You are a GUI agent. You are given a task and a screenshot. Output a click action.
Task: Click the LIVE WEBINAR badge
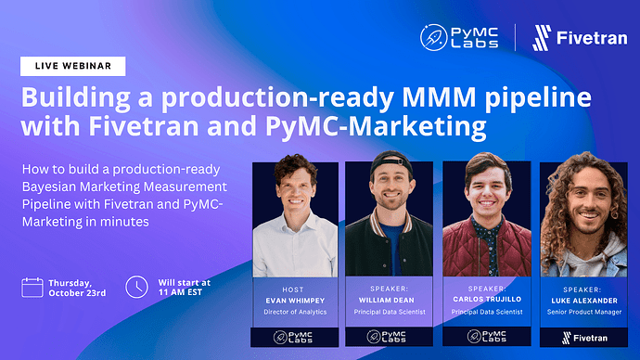72,67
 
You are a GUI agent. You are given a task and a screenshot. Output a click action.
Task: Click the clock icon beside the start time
136,287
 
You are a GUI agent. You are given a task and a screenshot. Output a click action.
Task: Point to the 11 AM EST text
186,293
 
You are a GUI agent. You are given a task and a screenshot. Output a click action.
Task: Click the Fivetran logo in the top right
573,38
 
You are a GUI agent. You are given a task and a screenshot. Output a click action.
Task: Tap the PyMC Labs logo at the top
461,37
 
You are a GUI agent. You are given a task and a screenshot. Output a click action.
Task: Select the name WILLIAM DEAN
389,301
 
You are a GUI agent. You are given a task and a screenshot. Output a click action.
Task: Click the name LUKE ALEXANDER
584,301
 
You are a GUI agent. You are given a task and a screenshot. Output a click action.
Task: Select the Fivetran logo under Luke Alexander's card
584,338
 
